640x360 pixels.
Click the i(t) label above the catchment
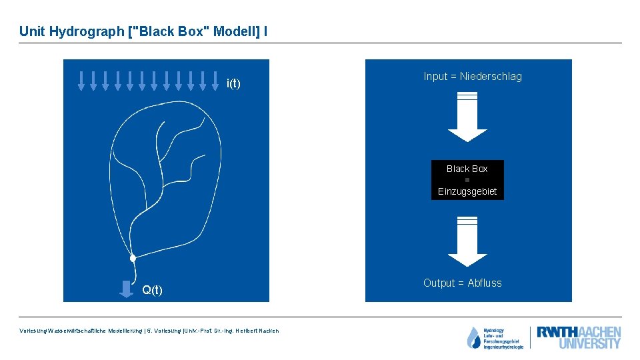click(x=233, y=83)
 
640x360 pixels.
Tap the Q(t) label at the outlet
click(x=152, y=290)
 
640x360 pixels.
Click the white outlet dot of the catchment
click(x=133, y=258)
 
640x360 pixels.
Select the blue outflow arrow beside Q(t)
click(x=125, y=289)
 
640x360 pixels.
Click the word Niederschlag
click(x=491, y=77)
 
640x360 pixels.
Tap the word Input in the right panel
click(x=435, y=77)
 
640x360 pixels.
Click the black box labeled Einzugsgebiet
click(x=467, y=180)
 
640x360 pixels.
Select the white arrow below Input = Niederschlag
click(x=467, y=117)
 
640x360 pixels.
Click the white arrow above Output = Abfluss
click(x=467, y=242)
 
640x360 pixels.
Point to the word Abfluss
click(x=485, y=283)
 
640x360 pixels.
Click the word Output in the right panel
click(x=439, y=283)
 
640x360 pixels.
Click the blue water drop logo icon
click(x=473, y=338)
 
